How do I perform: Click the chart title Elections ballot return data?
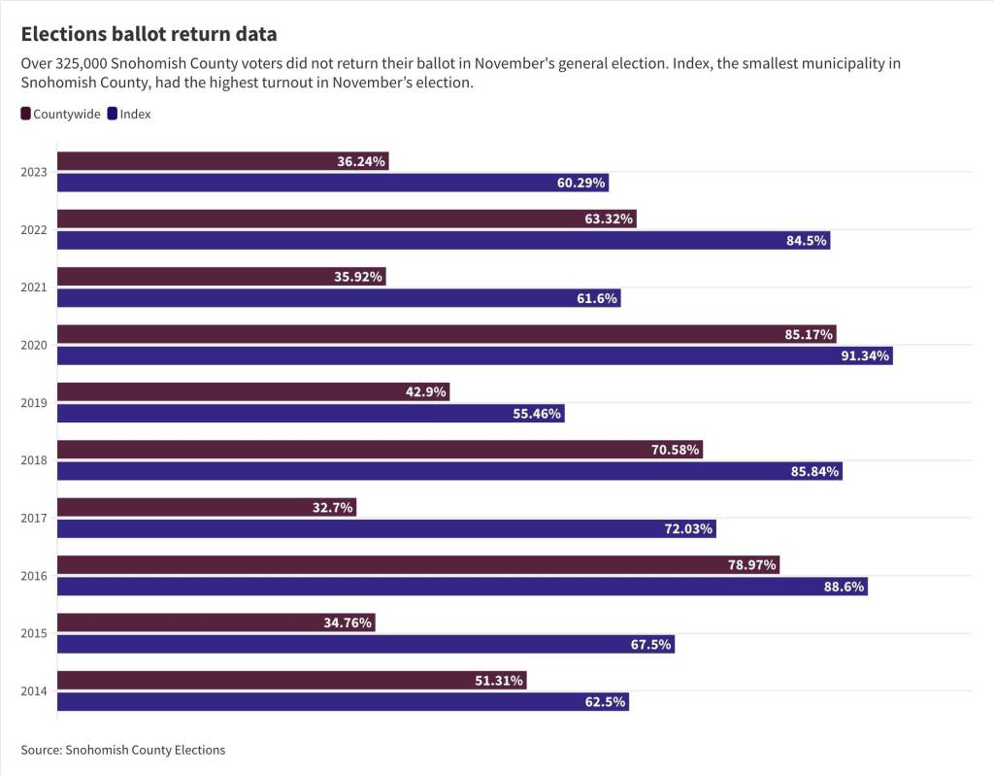[149, 34]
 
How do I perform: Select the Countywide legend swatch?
[26, 114]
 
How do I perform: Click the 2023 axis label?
[33, 172]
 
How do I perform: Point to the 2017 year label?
[33, 518]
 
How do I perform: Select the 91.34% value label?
[866, 355]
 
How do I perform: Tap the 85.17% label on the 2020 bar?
[809, 334]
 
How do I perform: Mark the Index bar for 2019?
[291, 413]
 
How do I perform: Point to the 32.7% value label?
[333, 507]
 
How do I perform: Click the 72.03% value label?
[689, 528]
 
